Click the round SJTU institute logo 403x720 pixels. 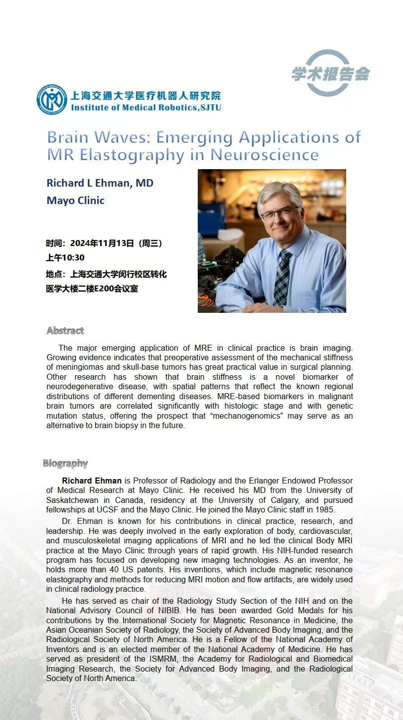[x=52, y=100]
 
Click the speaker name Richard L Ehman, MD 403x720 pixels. [x=100, y=183]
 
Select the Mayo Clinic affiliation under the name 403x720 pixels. [x=75, y=200]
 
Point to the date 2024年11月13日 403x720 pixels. [x=102, y=243]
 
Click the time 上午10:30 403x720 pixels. [x=65, y=257]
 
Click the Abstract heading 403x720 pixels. [x=65, y=330]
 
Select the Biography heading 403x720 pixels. [x=65, y=464]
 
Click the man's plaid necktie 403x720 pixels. [x=282, y=277]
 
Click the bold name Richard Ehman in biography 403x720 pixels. [x=92, y=480]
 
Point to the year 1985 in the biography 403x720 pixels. [x=326, y=509]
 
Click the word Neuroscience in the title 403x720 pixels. [x=265, y=155]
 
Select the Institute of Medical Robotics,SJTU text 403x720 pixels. [x=145, y=107]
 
